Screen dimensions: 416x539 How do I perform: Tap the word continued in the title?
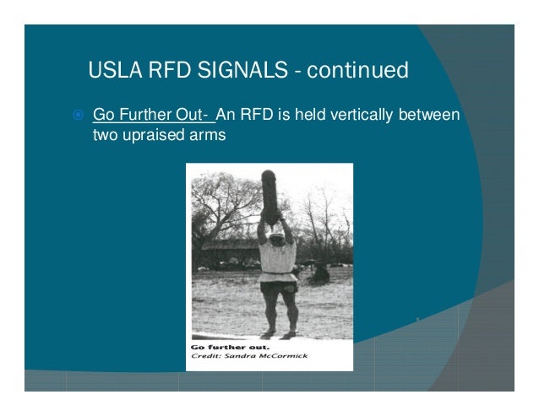(356, 69)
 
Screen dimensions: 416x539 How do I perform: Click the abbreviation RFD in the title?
(171, 69)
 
